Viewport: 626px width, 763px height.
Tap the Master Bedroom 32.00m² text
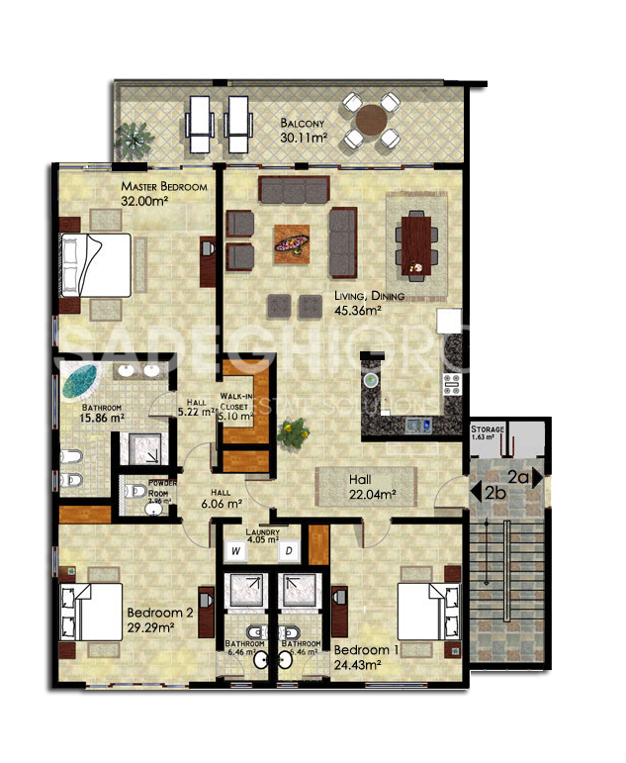coord(162,193)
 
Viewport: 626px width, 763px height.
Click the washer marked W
coord(237,549)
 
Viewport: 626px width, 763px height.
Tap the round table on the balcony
coord(371,120)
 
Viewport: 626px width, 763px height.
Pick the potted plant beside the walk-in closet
coord(291,430)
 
